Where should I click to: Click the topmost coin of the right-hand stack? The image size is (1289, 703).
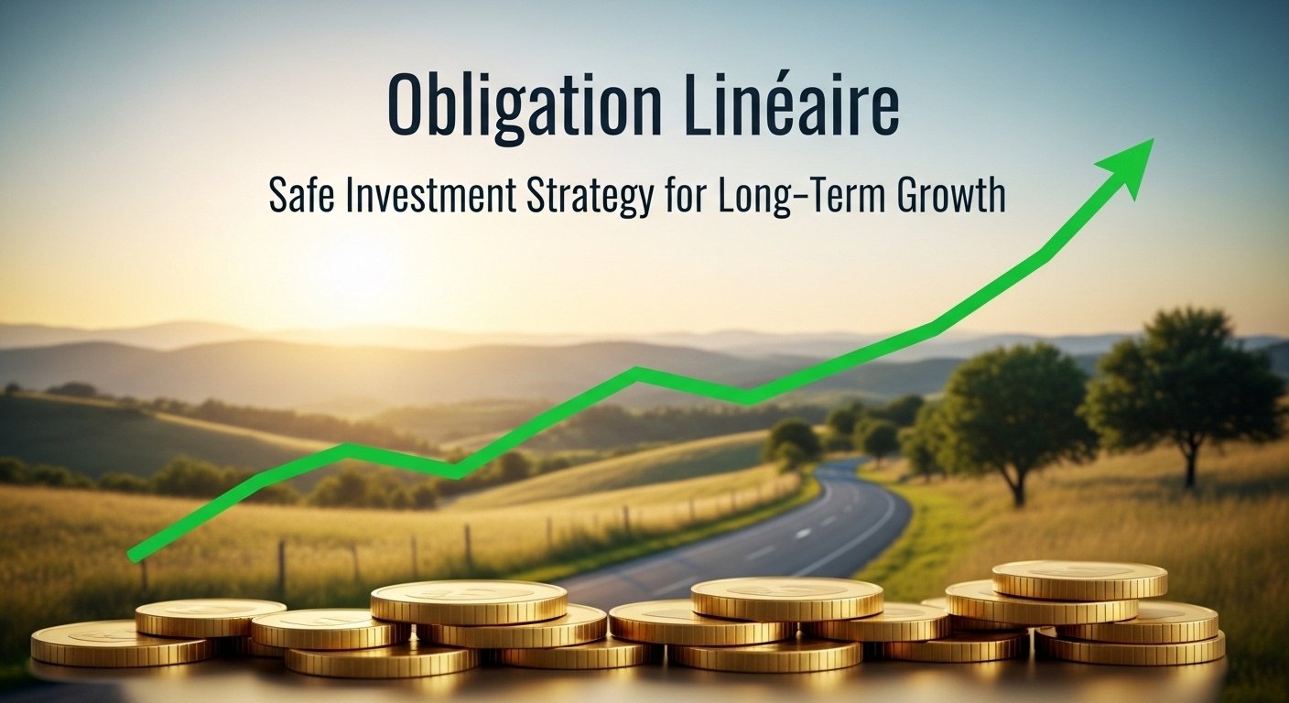coord(1079,579)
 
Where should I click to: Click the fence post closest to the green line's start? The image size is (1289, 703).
coord(143,572)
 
